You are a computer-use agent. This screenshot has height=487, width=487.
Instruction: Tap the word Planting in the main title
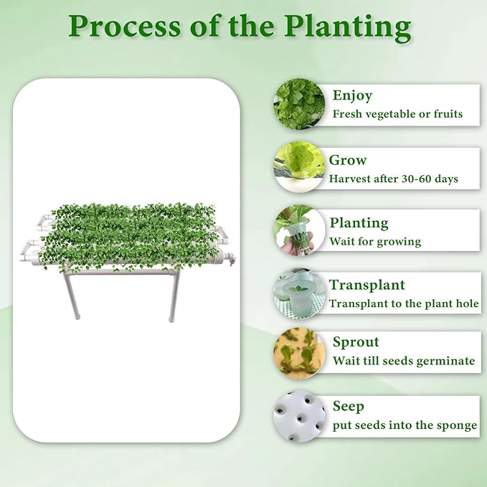click(348, 27)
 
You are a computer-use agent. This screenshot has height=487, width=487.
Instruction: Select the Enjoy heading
click(352, 95)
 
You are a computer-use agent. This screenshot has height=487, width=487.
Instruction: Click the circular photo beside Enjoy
click(298, 105)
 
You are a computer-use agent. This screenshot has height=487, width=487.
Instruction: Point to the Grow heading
click(348, 160)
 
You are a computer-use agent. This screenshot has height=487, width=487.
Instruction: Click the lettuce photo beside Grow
click(298, 167)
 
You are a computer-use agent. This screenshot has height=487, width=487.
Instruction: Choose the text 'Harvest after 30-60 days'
click(393, 179)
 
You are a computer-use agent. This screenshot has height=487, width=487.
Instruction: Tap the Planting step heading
click(359, 223)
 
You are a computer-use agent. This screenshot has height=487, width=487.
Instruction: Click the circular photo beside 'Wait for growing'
click(298, 230)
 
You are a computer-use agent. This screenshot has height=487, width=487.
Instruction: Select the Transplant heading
click(367, 285)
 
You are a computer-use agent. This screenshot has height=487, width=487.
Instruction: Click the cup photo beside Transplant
click(298, 292)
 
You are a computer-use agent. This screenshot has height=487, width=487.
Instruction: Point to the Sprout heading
click(356, 342)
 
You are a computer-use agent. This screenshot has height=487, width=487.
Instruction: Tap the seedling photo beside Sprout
click(298, 354)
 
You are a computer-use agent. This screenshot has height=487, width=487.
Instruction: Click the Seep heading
click(348, 406)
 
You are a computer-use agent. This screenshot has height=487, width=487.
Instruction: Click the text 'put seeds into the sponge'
click(405, 425)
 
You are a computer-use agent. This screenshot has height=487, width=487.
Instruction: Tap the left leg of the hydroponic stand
click(74, 297)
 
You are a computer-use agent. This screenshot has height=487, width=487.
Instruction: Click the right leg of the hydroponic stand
click(172, 298)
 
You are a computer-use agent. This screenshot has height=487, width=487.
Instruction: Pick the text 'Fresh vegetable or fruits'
click(397, 114)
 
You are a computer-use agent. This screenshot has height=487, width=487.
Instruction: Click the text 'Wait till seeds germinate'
click(403, 361)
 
